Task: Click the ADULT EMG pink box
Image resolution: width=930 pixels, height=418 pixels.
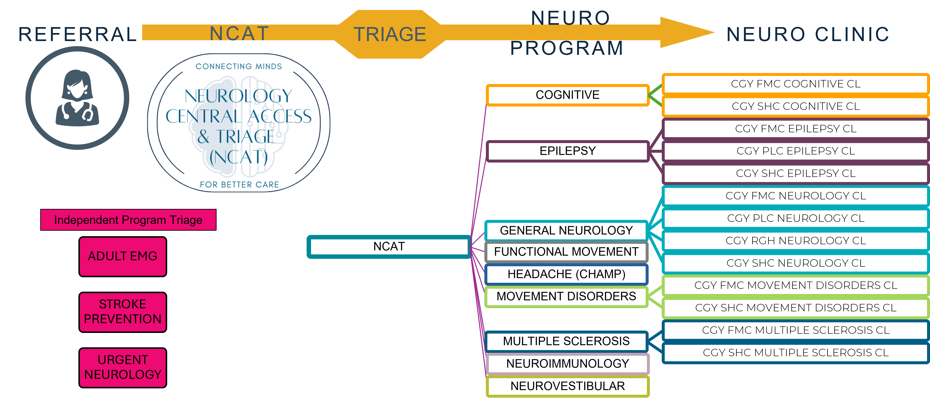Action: (x=123, y=257)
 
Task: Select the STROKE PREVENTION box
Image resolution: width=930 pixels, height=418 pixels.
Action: (x=123, y=312)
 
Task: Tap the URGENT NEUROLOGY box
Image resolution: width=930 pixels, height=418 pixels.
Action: (x=123, y=367)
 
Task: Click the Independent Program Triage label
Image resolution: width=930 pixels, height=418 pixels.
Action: (x=128, y=220)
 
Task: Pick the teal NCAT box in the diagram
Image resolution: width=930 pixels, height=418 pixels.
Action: (x=389, y=247)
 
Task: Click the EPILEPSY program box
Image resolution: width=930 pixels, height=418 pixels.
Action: (x=567, y=151)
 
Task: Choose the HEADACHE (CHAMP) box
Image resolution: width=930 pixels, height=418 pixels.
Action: (x=566, y=274)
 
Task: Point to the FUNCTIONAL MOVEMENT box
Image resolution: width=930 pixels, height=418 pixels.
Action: (x=566, y=252)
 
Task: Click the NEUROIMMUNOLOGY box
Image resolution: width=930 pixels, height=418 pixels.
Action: (x=567, y=364)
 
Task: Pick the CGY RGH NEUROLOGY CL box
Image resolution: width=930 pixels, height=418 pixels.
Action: (x=796, y=241)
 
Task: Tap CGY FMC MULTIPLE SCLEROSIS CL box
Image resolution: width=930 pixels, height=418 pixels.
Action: (x=796, y=330)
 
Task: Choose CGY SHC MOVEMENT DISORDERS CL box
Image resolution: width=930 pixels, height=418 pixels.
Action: (x=796, y=308)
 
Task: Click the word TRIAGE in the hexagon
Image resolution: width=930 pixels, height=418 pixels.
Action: (x=390, y=35)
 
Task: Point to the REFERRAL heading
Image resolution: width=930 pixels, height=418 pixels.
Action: (x=78, y=35)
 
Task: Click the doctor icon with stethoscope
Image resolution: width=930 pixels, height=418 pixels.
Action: (x=77, y=98)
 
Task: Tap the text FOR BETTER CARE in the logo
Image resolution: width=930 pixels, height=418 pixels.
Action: (x=239, y=185)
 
